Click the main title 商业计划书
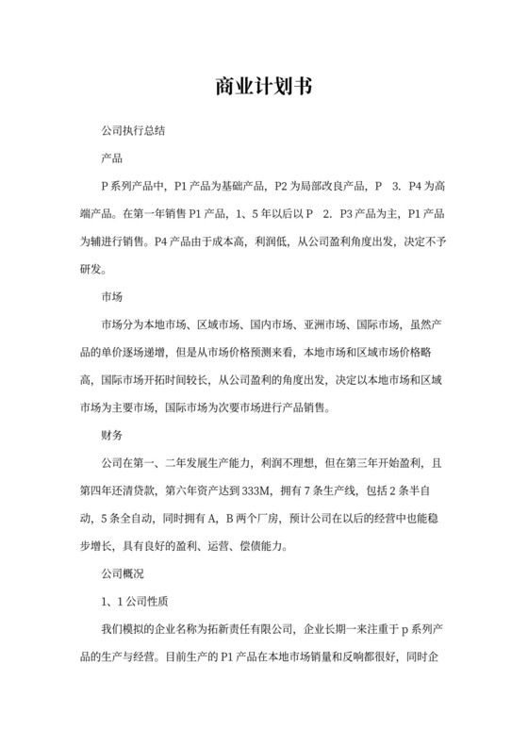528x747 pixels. pos(264,87)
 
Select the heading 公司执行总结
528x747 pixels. pos(135,127)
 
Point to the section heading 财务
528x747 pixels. pos(111,436)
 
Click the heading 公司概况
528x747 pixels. pos(123,573)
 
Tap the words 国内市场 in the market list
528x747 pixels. pos(268,325)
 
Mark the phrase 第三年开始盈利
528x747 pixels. pos(363,463)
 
